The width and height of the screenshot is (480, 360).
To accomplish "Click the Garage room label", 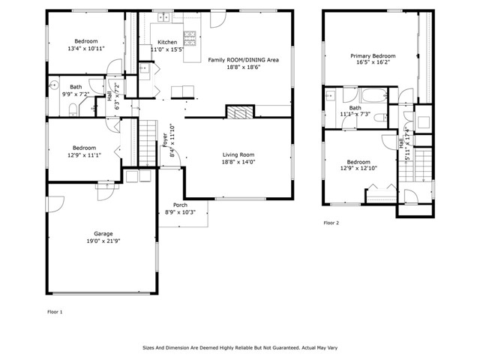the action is [x=103, y=234].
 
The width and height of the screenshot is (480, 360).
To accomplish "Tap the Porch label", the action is [x=180, y=205].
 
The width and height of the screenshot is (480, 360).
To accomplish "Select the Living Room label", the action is [x=238, y=155].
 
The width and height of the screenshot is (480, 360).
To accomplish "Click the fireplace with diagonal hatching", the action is [x=240, y=112].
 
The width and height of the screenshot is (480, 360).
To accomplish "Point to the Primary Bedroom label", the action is [x=373, y=56].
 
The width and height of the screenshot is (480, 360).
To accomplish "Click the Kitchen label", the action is [x=167, y=42].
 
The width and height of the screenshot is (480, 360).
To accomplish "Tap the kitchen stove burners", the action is [x=190, y=38].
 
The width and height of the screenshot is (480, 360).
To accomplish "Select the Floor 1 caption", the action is [x=55, y=312].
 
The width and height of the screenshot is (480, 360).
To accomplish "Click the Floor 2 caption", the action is [x=331, y=223].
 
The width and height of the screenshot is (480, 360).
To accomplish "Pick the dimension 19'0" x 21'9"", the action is [x=103, y=241].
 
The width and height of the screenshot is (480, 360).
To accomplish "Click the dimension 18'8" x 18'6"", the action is [x=243, y=67].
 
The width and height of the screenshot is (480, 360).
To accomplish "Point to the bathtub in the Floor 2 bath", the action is [x=373, y=96].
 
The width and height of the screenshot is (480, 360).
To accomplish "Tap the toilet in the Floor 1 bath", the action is [x=73, y=109].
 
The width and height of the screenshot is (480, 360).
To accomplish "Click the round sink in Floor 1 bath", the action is [x=54, y=84].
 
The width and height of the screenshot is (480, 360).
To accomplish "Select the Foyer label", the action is [x=165, y=140].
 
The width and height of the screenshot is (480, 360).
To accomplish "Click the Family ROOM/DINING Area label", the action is [x=243, y=60].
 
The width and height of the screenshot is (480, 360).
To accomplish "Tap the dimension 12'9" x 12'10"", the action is [x=358, y=168].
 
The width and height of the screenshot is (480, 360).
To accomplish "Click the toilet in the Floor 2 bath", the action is [x=381, y=118].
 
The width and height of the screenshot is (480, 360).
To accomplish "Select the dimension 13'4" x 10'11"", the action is [x=86, y=48].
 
